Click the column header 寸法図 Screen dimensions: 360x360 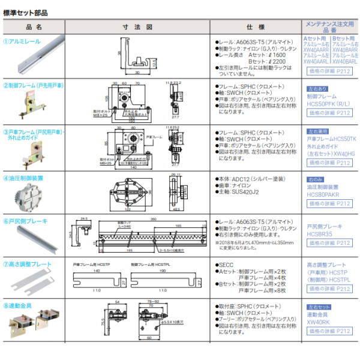137,27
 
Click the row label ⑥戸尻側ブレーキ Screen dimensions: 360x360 25,221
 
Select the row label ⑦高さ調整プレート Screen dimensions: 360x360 28,263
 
